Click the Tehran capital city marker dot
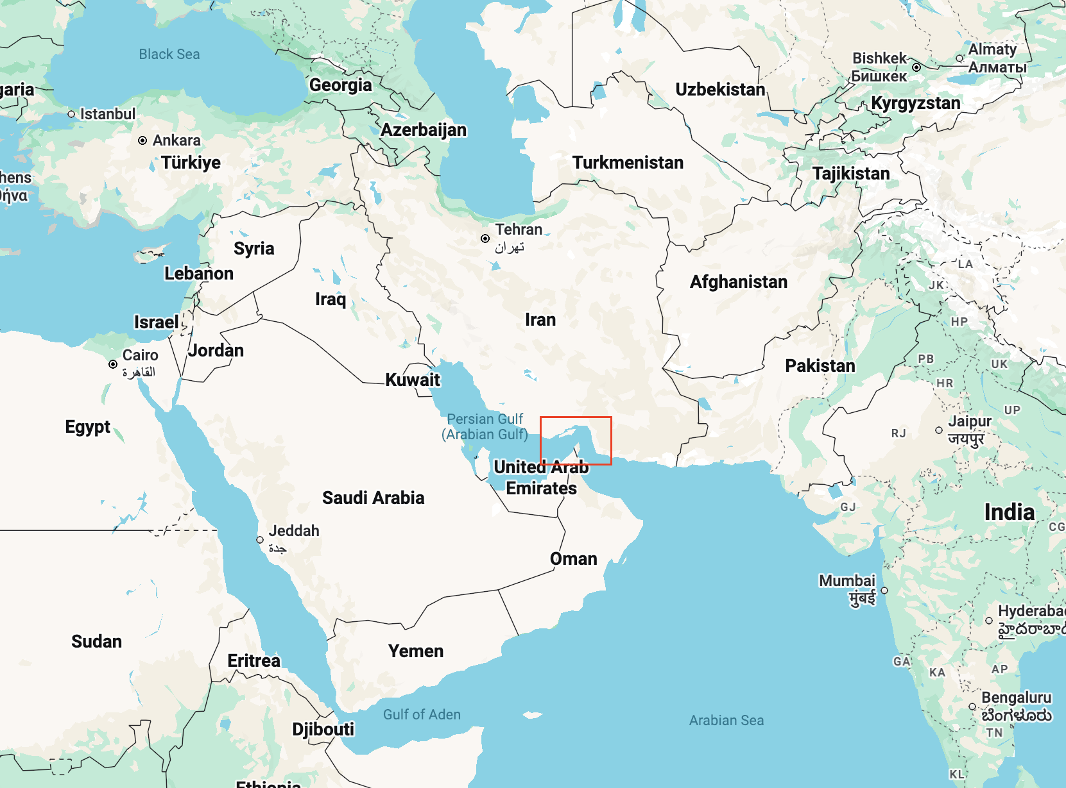pos(485,239)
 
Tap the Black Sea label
pos(169,54)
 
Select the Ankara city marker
pos(142,140)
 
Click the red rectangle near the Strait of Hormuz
pos(576,440)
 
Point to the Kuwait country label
pos(413,380)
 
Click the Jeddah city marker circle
pos(260,540)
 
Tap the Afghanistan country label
pos(738,282)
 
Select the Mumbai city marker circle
pos(884,591)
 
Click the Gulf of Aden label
pos(422,714)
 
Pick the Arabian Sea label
pos(726,720)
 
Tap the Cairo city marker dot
pos(113,364)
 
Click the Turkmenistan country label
pos(628,163)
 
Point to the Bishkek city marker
pos(916,67)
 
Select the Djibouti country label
pos(323,729)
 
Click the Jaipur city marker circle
pos(939,430)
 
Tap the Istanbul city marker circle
pos(71,114)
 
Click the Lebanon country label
pos(199,274)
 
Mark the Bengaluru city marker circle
pos(972,707)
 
